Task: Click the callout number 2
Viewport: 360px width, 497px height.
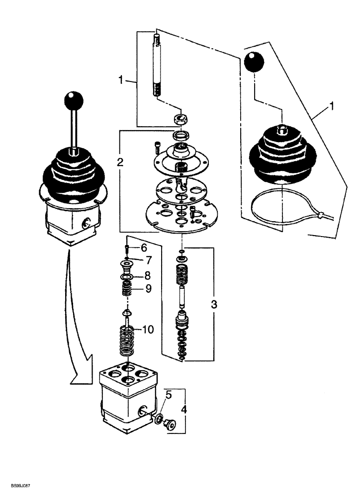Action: [120, 162]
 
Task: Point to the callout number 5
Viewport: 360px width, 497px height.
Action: [169, 396]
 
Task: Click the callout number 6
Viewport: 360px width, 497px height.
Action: [144, 248]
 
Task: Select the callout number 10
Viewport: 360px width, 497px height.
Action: [150, 330]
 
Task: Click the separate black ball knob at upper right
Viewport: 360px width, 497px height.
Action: [254, 62]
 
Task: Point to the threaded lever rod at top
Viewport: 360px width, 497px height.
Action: [155, 65]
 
